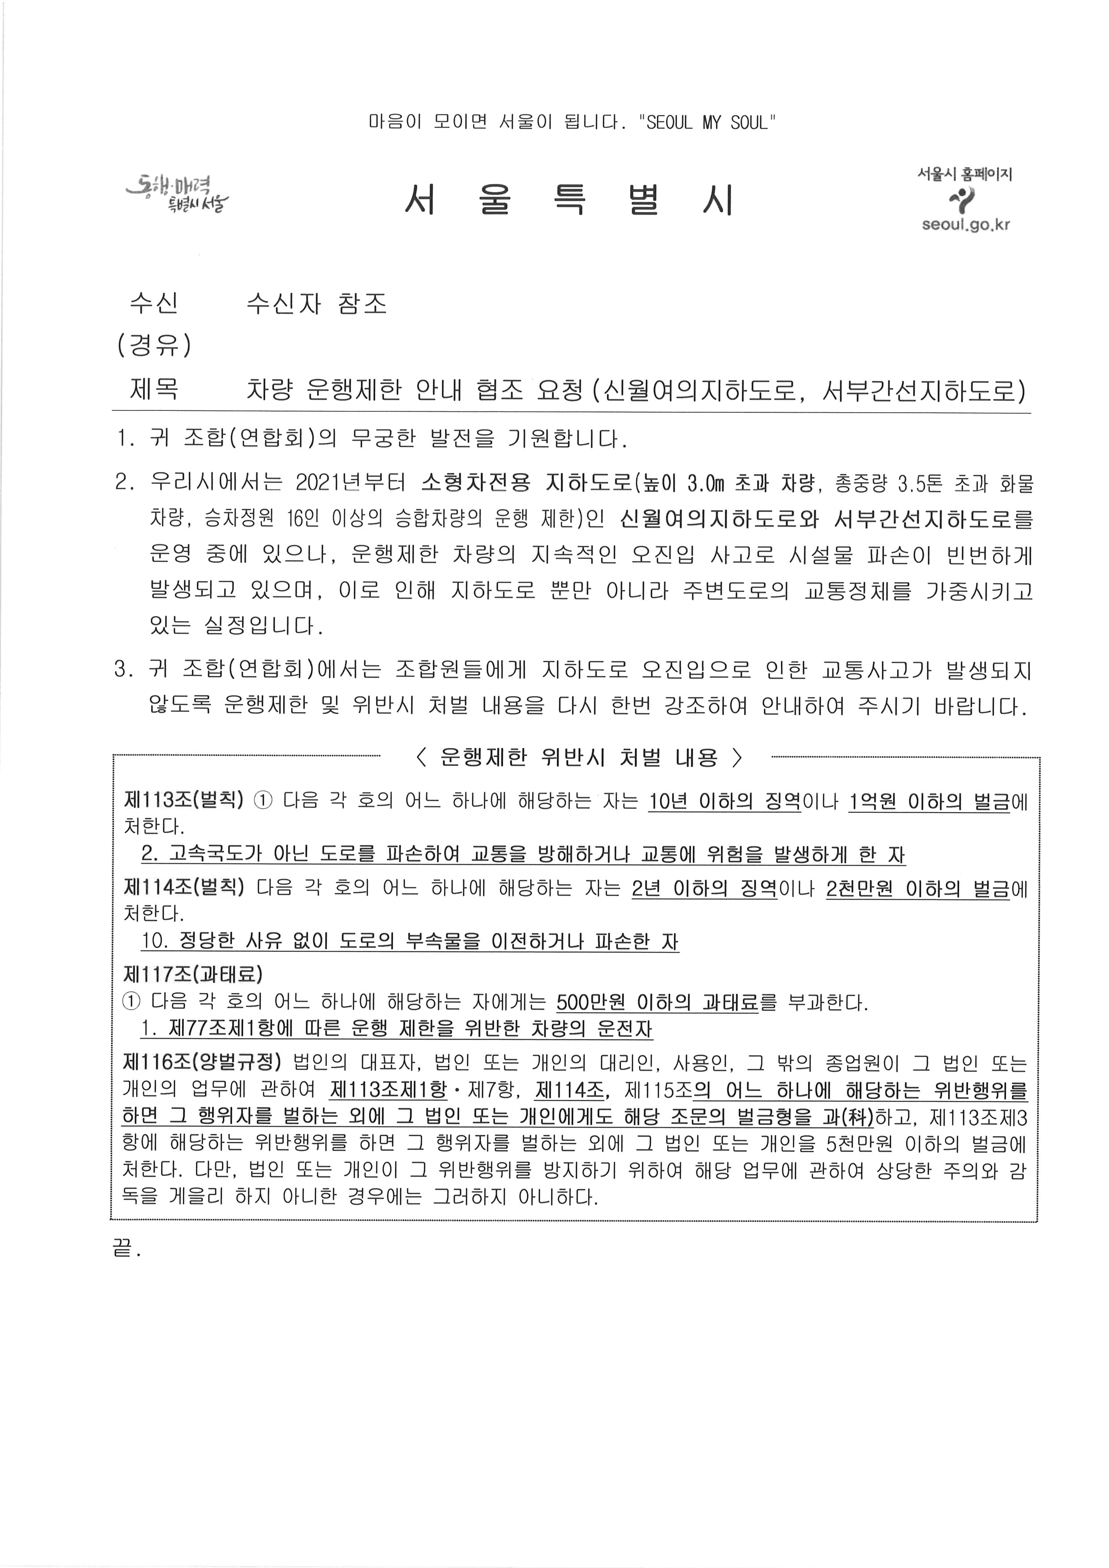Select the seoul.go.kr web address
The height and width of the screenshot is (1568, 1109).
(x=965, y=225)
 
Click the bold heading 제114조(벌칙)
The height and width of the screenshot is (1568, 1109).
(x=183, y=888)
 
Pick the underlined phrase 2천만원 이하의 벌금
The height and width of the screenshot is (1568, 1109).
(x=918, y=888)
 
